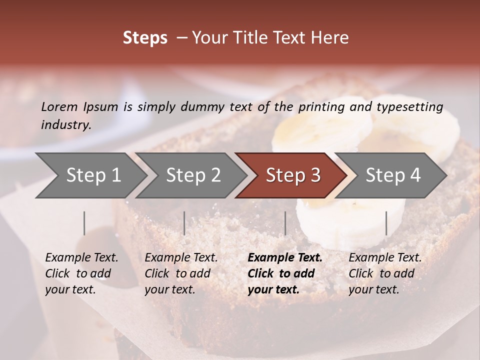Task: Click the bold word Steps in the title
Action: (145, 37)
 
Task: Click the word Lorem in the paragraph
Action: (59, 106)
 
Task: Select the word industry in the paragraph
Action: (65, 124)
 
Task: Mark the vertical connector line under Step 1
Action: (84, 223)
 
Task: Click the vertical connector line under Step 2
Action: (184, 223)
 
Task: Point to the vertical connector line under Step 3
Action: (285, 223)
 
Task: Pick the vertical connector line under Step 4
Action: (386, 223)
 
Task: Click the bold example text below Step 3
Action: (284, 273)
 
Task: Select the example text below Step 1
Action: (81, 273)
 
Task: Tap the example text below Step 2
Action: (180, 273)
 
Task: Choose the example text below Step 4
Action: (384, 273)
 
